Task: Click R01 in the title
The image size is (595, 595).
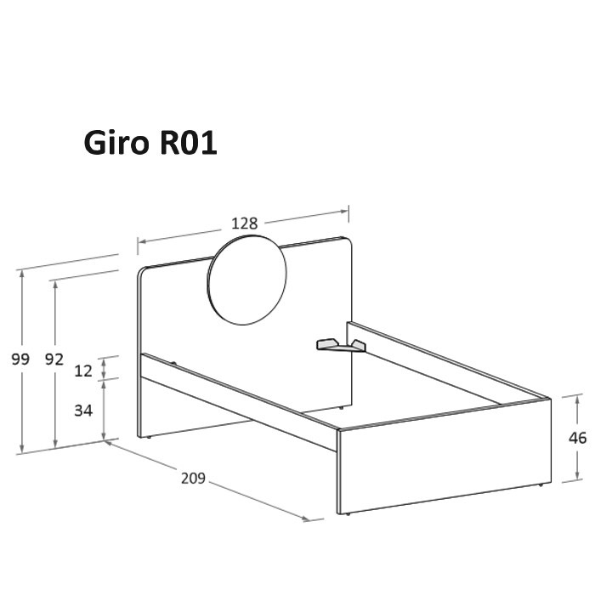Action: (189, 143)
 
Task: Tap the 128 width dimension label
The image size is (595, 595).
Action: (245, 223)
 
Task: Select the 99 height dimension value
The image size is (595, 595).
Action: (20, 359)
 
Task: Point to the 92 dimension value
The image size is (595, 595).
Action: (54, 359)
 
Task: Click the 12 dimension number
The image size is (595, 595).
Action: (83, 371)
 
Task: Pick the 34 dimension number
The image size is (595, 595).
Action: (83, 411)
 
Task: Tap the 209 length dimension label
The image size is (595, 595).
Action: (193, 478)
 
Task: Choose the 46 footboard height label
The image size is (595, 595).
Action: (577, 438)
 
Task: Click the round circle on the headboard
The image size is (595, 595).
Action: (247, 280)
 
